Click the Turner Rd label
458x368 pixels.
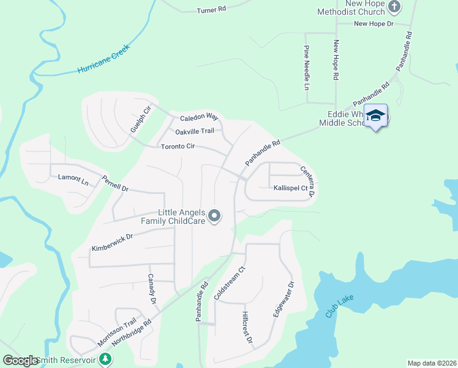(212, 10)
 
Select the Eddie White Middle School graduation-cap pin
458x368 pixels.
(375, 116)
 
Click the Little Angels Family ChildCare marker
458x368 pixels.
(214, 216)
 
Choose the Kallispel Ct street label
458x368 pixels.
(291, 188)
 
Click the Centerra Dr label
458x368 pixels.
(307, 182)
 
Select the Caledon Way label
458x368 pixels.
(199, 117)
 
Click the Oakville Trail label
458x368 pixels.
(195, 131)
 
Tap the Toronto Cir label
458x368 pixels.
(178, 147)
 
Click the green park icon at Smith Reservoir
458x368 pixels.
(106, 359)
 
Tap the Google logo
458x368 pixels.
(21, 361)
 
